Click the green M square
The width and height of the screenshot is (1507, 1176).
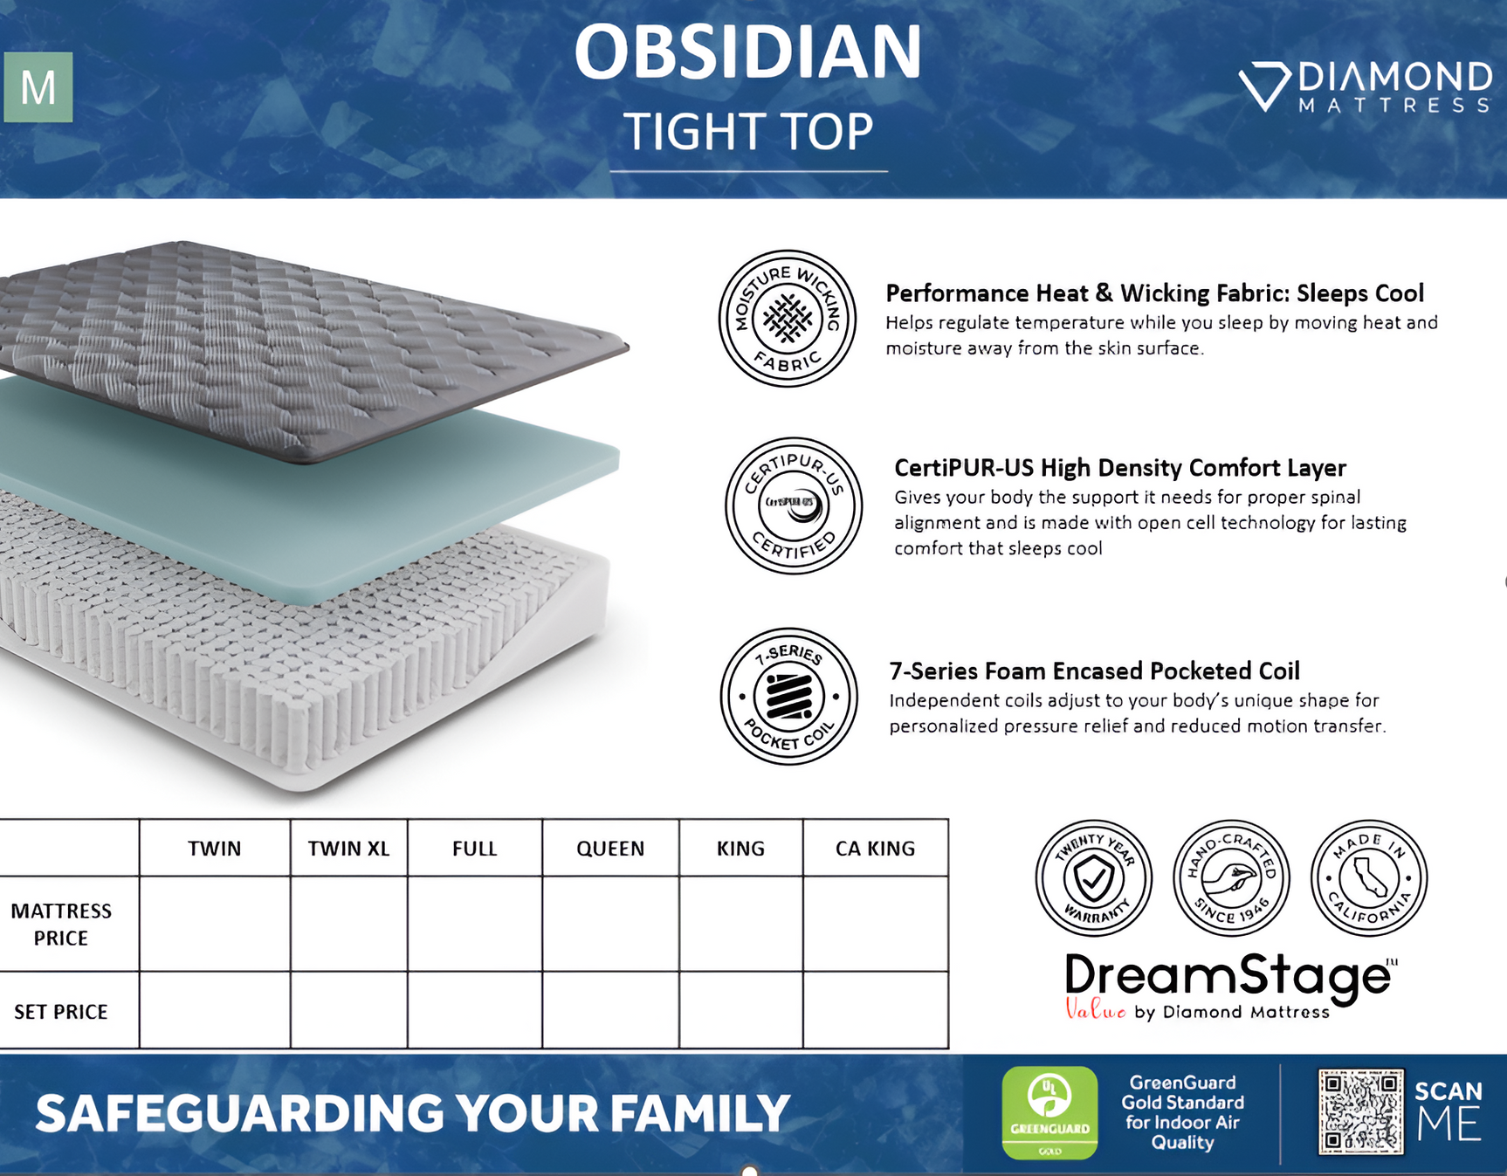(x=38, y=87)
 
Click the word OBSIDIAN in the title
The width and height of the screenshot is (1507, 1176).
(x=748, y=52)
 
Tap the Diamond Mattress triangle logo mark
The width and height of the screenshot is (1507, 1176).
(x=1263, y=86)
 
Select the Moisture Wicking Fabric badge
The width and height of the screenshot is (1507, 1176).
(x=787, y=319)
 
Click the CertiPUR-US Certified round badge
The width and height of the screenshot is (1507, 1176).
(x=793, y=505)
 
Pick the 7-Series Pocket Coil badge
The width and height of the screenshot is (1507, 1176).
(x=788, y=697)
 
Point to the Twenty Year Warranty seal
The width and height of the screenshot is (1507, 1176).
(x=1093, y=877)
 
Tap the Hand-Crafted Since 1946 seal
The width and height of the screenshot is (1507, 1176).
(x=1230, y=877)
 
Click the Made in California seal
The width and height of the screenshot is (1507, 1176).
(x=1368, y=877)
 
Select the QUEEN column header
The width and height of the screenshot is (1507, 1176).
(x=610, y=849)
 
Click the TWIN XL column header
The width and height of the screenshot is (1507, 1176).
(x=348, y=849)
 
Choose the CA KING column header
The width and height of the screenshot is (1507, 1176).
(x=875, y=849)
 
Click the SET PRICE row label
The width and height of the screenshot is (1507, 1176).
(x=61, y=1012)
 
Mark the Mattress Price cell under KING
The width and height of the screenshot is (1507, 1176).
(x=740, y=924)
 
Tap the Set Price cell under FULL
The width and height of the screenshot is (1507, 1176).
(x=474, y=1010)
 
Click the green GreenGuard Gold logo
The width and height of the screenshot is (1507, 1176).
(x=1049, y=1112)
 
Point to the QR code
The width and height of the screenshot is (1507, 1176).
(x=1360, y=1111)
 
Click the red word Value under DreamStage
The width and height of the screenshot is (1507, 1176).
(x=1095, y=1011)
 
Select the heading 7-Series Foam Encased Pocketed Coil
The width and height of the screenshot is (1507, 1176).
(x=1094, y=671)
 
